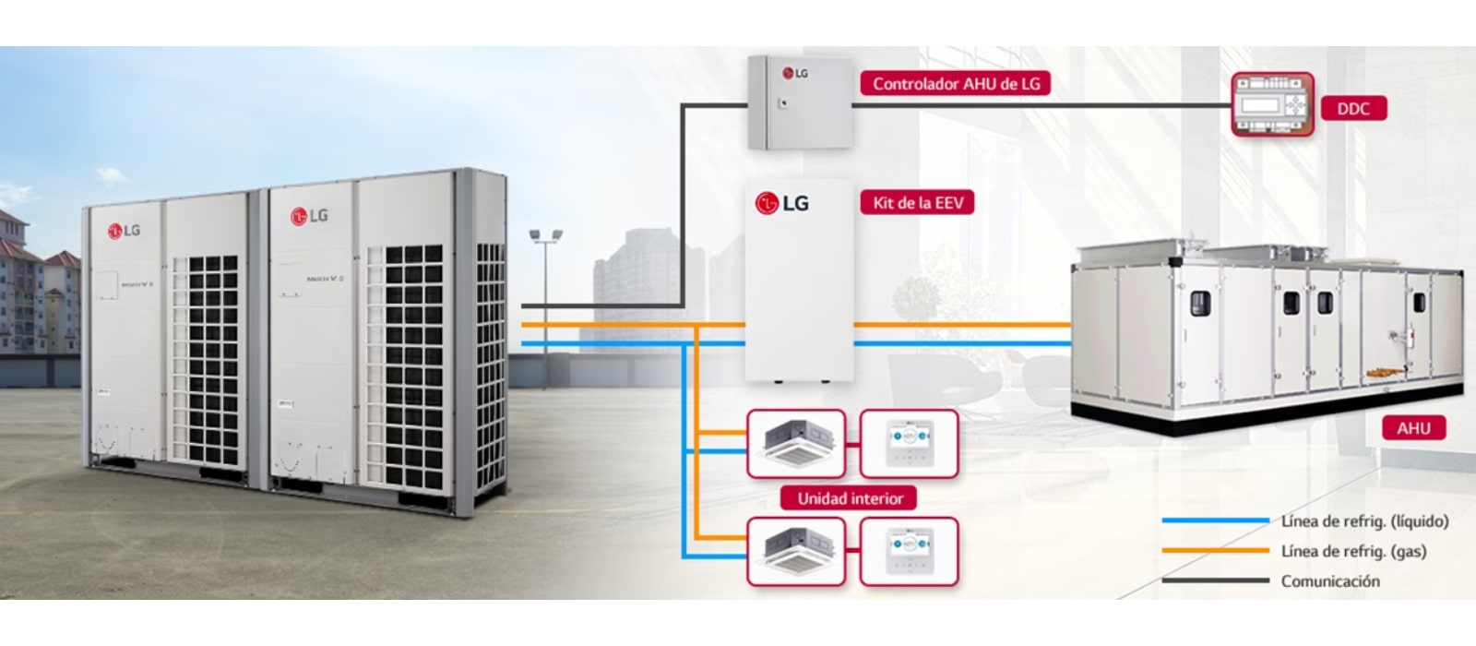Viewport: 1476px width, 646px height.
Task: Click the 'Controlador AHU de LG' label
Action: (956, 84)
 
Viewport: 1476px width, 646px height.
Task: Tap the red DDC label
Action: (1352, 109)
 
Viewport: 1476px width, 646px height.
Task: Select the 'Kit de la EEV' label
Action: (917, 203)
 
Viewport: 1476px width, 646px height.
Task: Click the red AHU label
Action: (1412, 429)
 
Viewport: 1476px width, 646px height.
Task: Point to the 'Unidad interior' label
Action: (850, 499)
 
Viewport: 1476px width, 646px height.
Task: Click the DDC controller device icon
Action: (1273, 106)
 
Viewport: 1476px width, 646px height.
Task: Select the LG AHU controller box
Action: (798, 102)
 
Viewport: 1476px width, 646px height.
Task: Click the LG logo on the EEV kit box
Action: (782, 203)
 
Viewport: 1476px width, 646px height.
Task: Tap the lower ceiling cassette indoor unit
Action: (796, 550)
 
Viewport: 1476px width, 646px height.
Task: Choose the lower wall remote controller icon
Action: (910, 550)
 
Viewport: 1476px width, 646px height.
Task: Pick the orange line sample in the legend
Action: (1214, 551)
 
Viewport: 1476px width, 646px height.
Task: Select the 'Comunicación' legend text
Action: (1330, 581)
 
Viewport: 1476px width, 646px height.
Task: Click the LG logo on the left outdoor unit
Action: (124, 230)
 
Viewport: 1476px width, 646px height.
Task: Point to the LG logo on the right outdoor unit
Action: (309, 217)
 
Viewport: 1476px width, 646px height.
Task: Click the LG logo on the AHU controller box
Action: (794, 73)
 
